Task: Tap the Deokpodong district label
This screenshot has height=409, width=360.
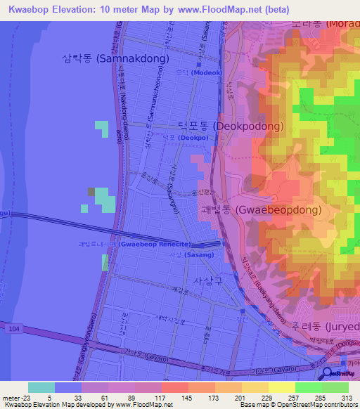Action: [x=230, y=127]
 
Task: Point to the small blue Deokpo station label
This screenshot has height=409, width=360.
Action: [x=176, y=138]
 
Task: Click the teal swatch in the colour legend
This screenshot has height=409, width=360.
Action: [x=41, y=387]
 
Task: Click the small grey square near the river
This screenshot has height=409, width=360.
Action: [x=91, y=192]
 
